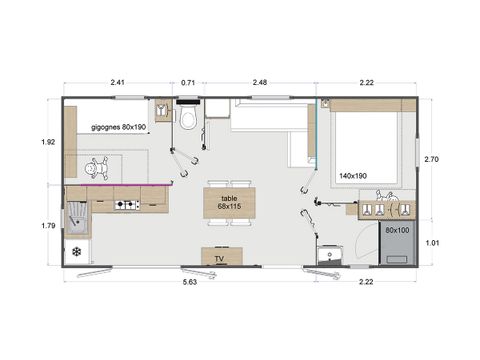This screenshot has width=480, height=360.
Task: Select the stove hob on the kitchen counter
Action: (x=127, y=206)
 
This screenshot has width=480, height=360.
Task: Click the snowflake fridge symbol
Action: (x=76, y=250)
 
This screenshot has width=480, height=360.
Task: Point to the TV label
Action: (x=219, y=259)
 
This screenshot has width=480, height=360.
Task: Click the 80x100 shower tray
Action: (x=395, y=243)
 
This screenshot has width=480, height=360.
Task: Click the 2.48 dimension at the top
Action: (x=260, y=83)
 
